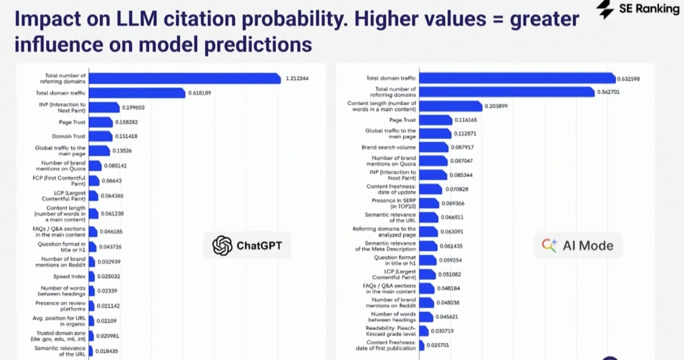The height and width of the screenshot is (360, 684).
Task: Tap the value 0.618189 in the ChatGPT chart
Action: [199, 93]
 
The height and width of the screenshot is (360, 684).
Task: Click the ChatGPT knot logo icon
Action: [222, 246]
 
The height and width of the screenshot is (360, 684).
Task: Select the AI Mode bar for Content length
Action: [450, 106]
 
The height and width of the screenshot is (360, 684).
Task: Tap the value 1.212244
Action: [297, 79]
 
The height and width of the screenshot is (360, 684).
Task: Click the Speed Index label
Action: [70, 277]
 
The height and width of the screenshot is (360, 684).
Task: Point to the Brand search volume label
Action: [389, 148]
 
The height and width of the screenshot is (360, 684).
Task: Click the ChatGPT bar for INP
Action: [104, 107]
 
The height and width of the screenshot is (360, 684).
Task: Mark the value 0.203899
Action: [496, 106]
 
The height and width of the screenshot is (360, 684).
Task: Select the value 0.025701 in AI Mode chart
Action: [438, 345]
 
